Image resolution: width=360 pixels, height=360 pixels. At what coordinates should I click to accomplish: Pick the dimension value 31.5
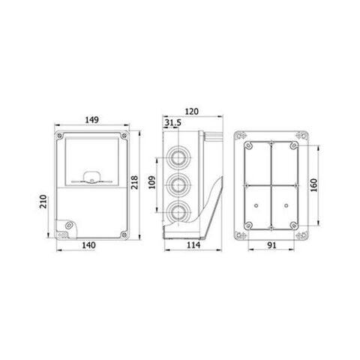click(172, 122)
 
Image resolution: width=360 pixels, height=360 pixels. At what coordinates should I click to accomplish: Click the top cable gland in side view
click(178, 156)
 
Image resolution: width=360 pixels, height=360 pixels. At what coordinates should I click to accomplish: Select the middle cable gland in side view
click(178, 183)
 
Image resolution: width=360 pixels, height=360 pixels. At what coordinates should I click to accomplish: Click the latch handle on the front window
click(91, 178)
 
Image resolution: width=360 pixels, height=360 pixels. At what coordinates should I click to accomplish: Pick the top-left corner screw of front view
click(60, 135)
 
